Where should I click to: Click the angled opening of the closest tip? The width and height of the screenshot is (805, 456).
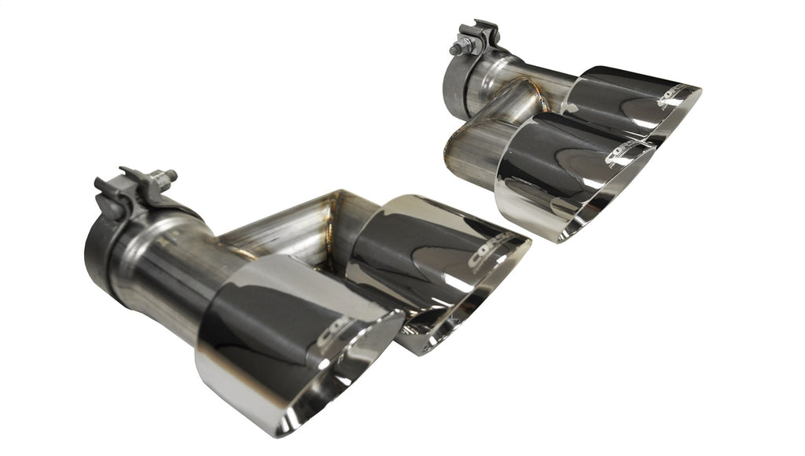click(x=346, y=377)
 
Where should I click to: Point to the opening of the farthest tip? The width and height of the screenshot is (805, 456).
click(x=676, y=122)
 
